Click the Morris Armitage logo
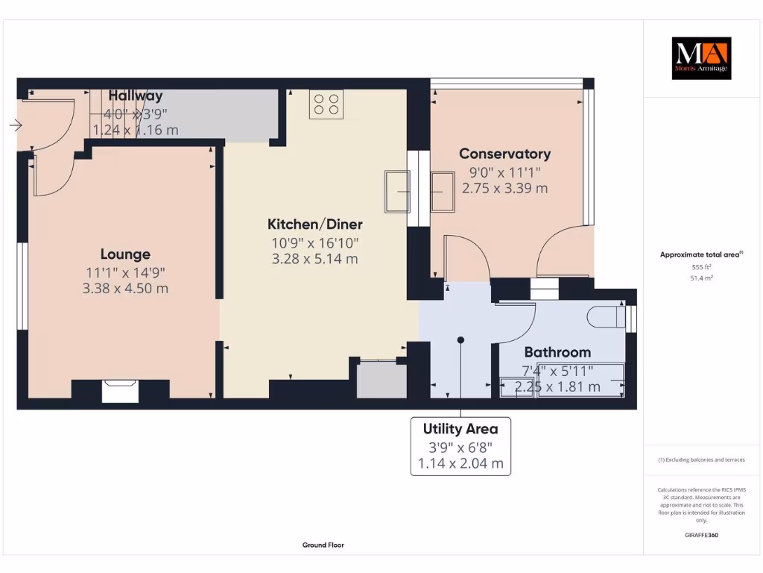(701, 58)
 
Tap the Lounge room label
(125, 254)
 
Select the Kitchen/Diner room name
(315, 224)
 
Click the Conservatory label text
(504, 154)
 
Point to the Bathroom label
(557, 352)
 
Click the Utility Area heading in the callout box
(460, 429)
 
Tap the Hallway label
(136, 95)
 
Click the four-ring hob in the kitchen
(326, 104)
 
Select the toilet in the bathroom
(607, 317)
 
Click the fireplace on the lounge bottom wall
(120, 391)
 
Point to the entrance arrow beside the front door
(15, 125)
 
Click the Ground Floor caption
(323, 545)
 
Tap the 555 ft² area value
(701, 266)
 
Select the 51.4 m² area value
(701, 278)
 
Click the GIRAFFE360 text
(701, 535)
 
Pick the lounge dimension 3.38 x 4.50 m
(125, 288)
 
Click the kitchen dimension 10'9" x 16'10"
(315, 242)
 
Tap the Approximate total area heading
(700, 254)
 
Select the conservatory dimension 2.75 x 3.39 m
(504, 188)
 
